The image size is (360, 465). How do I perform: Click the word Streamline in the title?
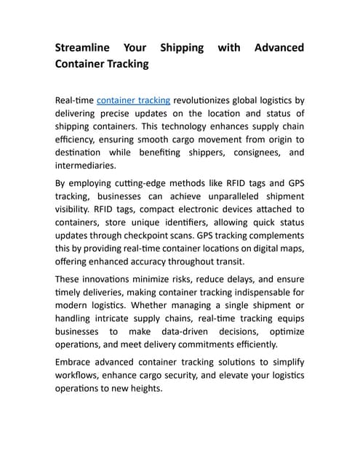coord(83,48)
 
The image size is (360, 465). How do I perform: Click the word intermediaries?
coord(85,166)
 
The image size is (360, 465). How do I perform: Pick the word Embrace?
coord(76,362)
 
